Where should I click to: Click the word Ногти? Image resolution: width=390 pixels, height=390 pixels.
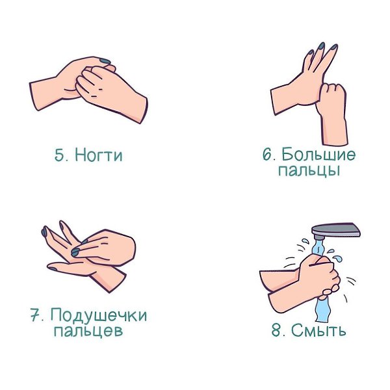tap(99, 155)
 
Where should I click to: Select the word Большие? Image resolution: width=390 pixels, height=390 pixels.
tap(318, 154)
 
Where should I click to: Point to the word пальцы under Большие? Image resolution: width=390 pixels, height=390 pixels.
tap(309, 170)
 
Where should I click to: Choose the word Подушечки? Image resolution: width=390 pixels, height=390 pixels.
tap(99, 315)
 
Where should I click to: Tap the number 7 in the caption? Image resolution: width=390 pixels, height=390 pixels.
tap(36, 315)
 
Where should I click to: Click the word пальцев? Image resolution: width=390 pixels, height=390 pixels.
tap(88, 331)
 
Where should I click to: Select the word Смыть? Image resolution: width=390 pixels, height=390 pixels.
tap(318, 330)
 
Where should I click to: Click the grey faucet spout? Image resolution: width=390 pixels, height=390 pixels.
tap(336, 231)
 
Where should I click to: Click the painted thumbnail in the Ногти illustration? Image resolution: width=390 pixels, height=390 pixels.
tap(105, 61)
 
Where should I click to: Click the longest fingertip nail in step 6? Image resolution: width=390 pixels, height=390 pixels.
tap(322, 45)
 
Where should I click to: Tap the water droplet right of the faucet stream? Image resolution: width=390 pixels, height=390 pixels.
tap(339, 259)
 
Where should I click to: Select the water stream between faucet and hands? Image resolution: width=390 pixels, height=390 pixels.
tap(318, 247)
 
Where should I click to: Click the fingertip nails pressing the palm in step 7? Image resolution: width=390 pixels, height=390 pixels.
tap(75, 252)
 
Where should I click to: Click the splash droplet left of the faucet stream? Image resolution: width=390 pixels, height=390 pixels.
tap(305, 241)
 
